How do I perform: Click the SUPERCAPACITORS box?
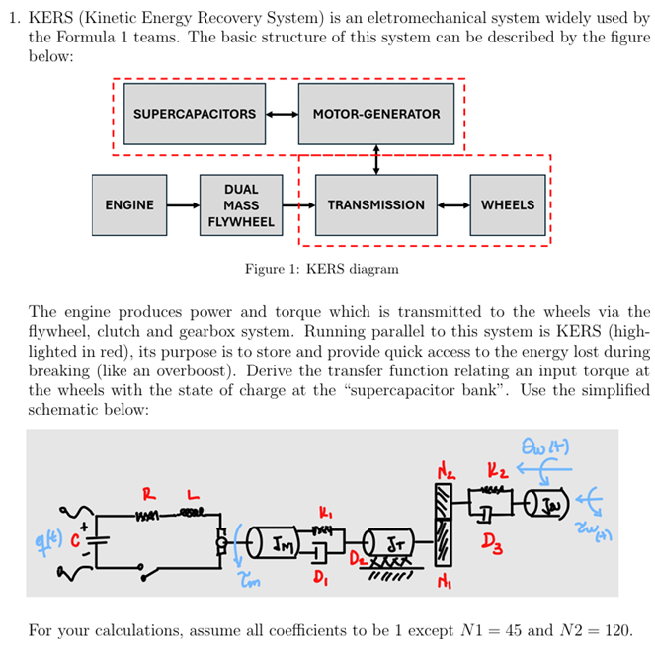[194, 114]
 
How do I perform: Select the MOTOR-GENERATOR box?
[375, 114]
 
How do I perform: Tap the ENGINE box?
[128, 205]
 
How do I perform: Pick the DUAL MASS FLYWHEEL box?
[241, 205]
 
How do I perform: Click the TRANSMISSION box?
[375, 205]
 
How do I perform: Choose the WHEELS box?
[507, 205]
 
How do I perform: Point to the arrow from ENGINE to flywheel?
[183, 205]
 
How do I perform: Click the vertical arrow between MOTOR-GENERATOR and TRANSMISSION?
[376, 159]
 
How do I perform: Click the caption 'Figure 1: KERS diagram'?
[322, 269]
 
